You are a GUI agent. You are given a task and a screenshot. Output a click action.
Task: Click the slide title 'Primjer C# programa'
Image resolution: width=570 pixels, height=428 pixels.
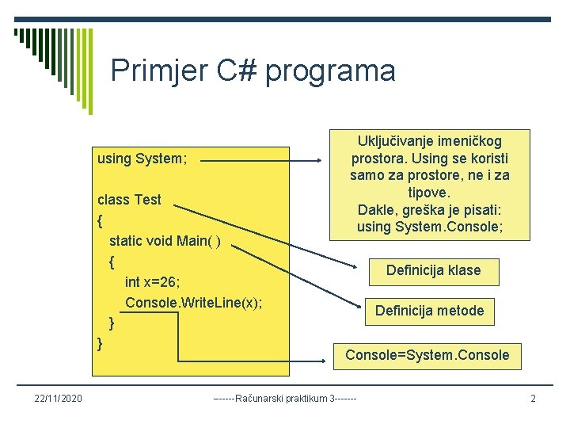click(253, 71)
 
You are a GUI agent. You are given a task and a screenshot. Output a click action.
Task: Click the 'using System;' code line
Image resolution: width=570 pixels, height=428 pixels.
click(142, 159)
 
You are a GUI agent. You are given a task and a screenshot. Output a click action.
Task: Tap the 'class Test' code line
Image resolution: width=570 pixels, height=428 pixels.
click(128, 200)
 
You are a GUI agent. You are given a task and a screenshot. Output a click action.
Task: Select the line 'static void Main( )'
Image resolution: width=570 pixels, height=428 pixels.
click(165, 241)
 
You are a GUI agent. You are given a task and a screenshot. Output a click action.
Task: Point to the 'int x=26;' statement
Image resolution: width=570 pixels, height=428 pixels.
click(153, 282)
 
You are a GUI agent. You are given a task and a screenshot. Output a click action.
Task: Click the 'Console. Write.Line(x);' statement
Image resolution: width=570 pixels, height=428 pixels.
click(193, 303)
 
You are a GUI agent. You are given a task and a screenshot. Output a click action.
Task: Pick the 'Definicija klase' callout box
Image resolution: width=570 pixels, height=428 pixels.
click(433, 270)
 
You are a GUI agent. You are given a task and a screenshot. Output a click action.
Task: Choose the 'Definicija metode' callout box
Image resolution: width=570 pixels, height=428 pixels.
click(429, 311)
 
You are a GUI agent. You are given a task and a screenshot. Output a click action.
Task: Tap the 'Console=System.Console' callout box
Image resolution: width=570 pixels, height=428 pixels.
click(427, 355)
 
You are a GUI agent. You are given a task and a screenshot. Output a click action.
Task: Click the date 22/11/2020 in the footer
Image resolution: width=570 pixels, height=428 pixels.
click(58, 398)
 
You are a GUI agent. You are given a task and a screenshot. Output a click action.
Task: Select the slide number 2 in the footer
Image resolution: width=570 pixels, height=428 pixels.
click(533, 398)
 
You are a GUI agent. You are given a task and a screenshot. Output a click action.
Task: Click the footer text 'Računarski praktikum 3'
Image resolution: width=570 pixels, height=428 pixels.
click(285, 398)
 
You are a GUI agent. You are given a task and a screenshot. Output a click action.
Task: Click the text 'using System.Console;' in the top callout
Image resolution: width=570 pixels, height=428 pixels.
click(430, 227)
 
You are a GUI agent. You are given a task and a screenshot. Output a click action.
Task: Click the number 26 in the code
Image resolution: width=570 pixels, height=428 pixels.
click(169, 282)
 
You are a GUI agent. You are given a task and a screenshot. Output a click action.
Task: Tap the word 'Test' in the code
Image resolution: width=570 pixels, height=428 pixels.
click(147, 200)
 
